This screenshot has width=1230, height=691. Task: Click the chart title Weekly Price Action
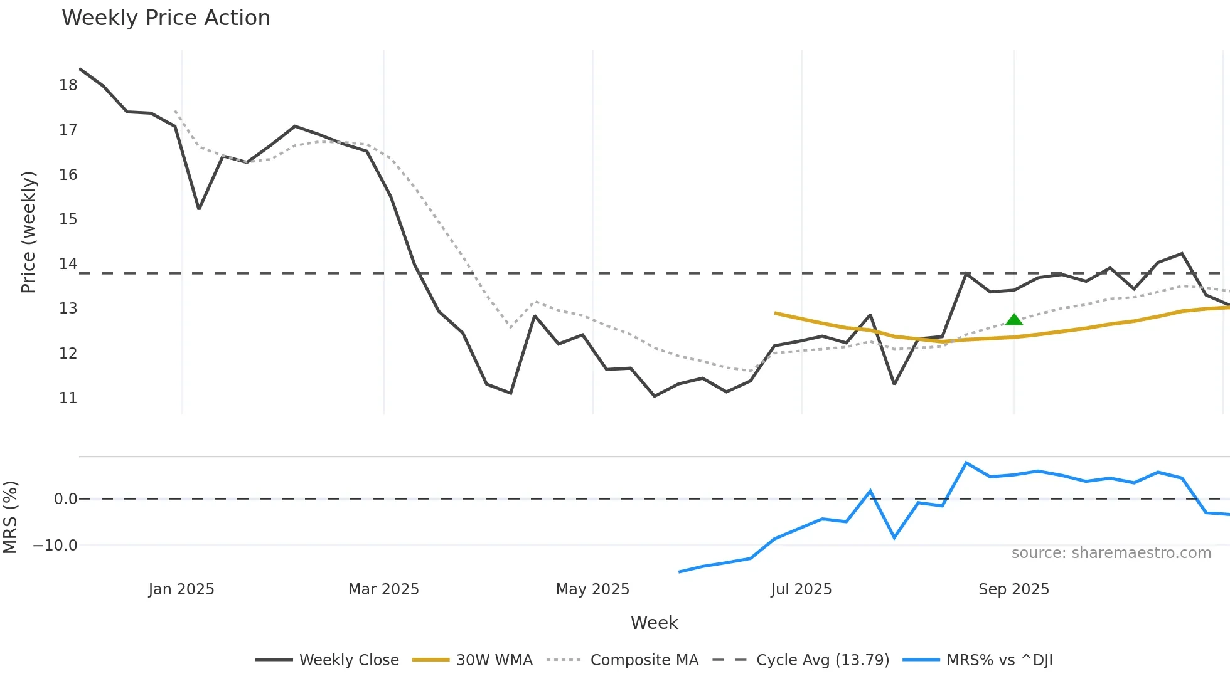[166, 18]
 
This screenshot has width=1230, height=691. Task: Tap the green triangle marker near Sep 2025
[1014, 320]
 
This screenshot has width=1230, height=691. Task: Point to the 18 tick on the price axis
[68, 85]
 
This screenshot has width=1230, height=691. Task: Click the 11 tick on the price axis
[68, 398]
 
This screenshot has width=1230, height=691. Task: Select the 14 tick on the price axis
[68, 264]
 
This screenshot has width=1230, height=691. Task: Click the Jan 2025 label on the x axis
[181, 589]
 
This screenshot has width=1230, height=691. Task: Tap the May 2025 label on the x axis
[592, 589]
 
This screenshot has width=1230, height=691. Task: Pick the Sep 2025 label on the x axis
[1013, 589]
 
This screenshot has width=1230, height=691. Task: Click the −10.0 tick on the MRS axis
[55, 546]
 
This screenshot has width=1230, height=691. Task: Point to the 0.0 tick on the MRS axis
[65, 499]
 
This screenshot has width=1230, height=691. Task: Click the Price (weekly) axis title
[29, 232]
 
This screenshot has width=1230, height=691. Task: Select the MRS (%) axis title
[11, 517]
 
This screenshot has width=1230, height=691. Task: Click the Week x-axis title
[654, 623]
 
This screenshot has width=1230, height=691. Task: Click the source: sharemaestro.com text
[1111, 553]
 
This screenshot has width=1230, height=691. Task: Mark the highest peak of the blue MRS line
[966, 463]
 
